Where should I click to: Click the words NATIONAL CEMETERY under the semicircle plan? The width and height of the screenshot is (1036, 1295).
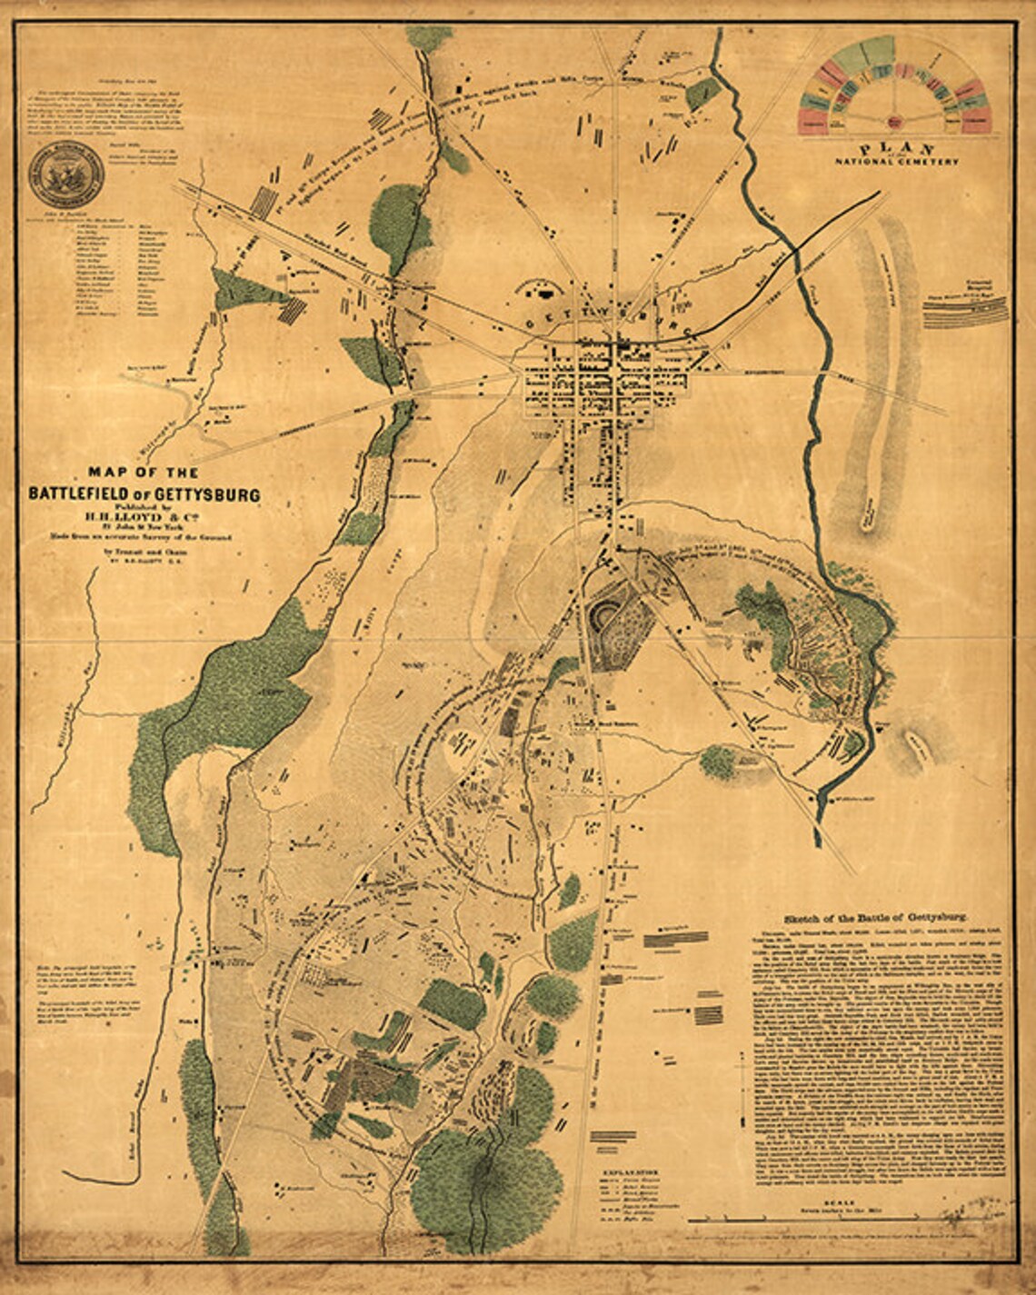897,162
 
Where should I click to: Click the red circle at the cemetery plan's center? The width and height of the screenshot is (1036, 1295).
895,119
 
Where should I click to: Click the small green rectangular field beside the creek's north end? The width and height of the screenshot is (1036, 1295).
702,94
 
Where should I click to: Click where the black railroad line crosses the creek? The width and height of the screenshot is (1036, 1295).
796,246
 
